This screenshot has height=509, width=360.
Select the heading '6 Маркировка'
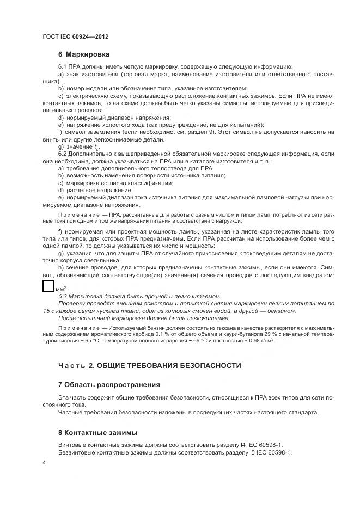(x=83, y=54)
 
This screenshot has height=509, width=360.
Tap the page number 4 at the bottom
(x=44, y=462)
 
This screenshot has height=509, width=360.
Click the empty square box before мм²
(x=48, y=287)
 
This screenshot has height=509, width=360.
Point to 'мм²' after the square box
(x=60, y=289)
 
